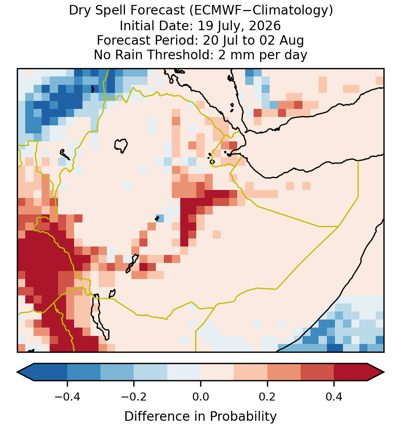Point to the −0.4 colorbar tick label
click(67, 396)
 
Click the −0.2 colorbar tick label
click(134, 396)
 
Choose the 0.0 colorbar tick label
click(200, 396)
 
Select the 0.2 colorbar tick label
click(267, 396)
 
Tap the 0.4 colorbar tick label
click(334, 396)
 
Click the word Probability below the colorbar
click(243, 417)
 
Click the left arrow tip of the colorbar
click(17, 372)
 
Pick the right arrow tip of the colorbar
click(385, 372)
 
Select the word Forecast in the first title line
click(158, 11)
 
